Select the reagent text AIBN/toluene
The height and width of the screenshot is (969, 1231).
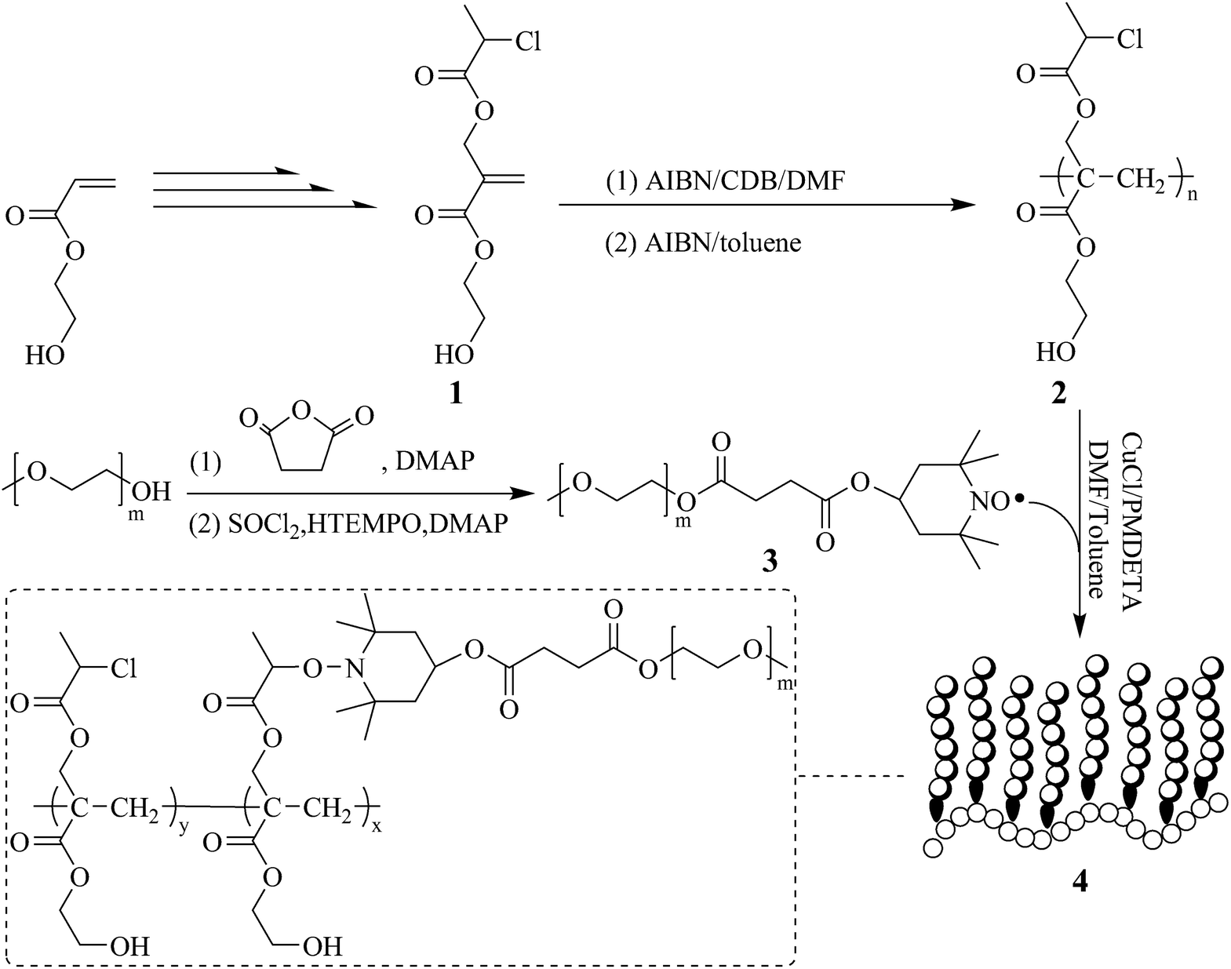(x=703, y=242)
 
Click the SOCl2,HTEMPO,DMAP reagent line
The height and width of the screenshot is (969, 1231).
(x=348, y=524)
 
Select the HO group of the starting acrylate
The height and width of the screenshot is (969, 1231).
(x=45, y=355)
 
